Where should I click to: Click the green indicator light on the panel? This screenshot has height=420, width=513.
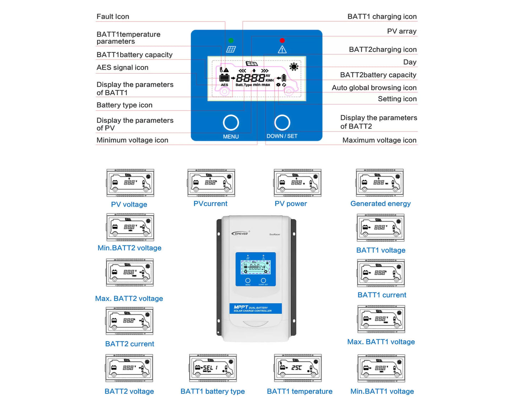pyautogui.click(x=231, y=41)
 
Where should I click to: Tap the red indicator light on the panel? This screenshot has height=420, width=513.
pyautogui.click(x=282, y=41)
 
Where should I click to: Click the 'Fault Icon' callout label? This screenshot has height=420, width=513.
pyautogui.click(x=113, y=17)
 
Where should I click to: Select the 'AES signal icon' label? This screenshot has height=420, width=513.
pyautogui.click(x=122, y=68)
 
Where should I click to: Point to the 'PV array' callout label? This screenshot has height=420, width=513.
pyautogui.click(x=402, y=31)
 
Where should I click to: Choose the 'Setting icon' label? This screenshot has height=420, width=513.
pyautogui.click(x=397, y=99)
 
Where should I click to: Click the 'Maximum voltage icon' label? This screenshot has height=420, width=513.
pyautogui.click(x=379, y=140)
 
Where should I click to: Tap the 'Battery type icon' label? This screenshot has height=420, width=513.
pyautogui.click(x=124, y=105)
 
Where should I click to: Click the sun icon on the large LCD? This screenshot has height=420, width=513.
pyautogui.click(x=294, y=66)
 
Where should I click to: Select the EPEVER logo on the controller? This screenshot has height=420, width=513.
pyautogui.click(x=240, y=233)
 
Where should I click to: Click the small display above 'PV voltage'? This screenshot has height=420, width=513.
pyautogui.click(x=130, y=183)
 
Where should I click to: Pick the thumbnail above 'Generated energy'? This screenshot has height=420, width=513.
pyautogui.click(x=380, y=183)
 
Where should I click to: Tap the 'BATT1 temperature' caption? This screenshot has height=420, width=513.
pyautogui.click(x=300, y=391)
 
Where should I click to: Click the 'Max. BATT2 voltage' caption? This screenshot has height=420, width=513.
pyautogui.click(x=129, y=298)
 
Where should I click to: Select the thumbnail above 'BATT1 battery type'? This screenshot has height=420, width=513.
pyautogui.click(x=213, y=368)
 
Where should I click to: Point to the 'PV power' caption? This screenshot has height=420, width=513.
pyautogui.click(x=291, y=204)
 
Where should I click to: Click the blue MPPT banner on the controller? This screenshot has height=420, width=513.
pyautogui.click(x=255, y=308)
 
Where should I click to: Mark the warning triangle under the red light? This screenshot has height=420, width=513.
pyautogui.click(x=282, y=50)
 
